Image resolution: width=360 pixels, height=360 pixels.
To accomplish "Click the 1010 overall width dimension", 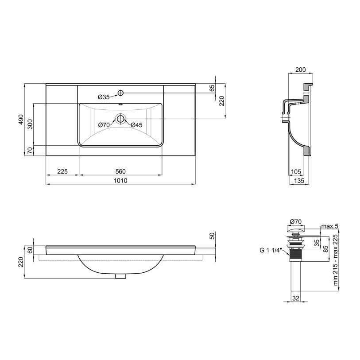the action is pyautogui.click(x=120, y=181).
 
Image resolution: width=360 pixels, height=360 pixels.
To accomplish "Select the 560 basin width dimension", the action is pyautogui.click(x=120, y=171).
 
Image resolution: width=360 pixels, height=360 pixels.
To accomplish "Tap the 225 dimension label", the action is pyautogui.click(x=62, y=171).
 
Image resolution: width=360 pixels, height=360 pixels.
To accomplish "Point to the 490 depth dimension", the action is pyautogui.click(x=21, y=119).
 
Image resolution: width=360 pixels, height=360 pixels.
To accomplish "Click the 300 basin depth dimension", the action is pyautogui.click(x=30, y=124).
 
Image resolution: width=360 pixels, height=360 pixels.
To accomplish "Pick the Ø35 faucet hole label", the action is pyautogui.click(x=104, y=97).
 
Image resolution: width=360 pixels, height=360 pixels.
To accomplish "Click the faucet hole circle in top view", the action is pyautogui.click(x=120, y=93).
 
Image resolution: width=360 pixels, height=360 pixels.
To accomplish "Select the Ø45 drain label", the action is pyautogui.click(x=137, y=125).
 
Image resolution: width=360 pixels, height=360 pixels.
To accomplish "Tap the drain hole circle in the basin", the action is pyautogui.click(x=120, y=119).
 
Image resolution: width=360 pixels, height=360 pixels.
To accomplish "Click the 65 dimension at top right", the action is pyautogui.click(x=212, y=88).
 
